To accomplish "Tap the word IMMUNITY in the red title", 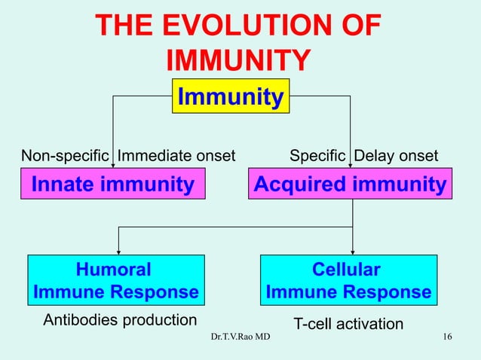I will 237,61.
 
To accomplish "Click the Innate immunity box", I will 112,185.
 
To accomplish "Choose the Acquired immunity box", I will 350,185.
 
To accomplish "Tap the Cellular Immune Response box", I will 348,280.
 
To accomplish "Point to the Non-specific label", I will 65,156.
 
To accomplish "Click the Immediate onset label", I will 176,156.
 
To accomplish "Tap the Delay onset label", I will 396,156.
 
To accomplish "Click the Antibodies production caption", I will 120,319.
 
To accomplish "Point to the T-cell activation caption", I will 348,324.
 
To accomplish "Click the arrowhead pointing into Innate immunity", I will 113,166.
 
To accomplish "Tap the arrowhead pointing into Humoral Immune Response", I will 117,252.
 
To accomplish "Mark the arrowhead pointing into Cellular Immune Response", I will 353,252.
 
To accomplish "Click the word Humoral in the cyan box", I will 114,270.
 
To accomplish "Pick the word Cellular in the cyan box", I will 347,270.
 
